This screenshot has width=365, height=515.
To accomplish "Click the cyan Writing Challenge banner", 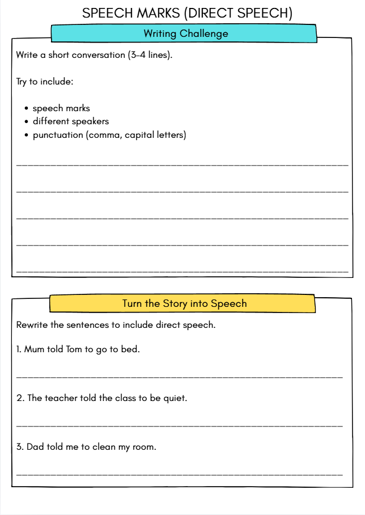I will point(185,33).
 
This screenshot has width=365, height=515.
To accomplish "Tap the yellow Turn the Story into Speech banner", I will point(184,303).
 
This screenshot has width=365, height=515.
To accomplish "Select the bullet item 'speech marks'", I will point(61,108).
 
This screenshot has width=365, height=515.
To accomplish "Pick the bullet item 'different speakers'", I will point(71,121).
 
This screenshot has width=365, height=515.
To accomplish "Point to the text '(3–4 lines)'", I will point(151,56).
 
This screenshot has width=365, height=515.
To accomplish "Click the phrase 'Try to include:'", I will point(45,81).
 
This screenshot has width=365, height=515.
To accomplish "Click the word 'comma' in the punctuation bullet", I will point(104,135).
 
